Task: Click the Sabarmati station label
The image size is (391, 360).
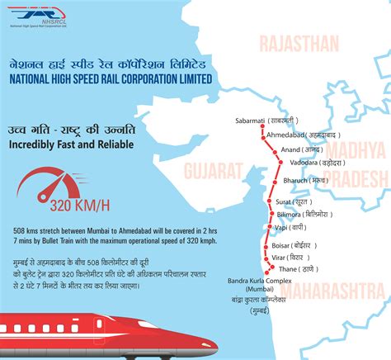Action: (x=266, y=121)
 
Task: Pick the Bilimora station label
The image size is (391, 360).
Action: (x=299, y=214)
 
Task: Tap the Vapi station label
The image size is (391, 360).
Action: (x=290, y=227)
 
